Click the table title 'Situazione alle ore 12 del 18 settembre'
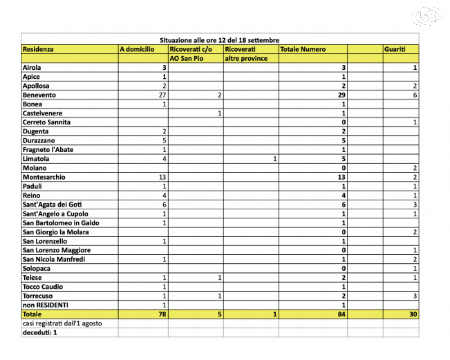(x=220, y=40)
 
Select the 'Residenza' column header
(x=38, y=49)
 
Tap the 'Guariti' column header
(x=395, y=49)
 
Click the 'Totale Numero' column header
(x=302, y=49)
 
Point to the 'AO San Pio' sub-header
(x=184, y=58)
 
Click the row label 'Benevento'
(x=39, y=95)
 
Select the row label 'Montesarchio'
(x=44, y=177)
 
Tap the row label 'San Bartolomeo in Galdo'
(x=61, y=223)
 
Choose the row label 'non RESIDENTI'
(x=45, y=305)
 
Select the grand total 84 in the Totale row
(x=342, y=315)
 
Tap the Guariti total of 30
(x=413, y=315)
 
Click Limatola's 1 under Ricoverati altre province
(x=275, y=159)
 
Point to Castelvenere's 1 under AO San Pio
(x=220, y=113)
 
